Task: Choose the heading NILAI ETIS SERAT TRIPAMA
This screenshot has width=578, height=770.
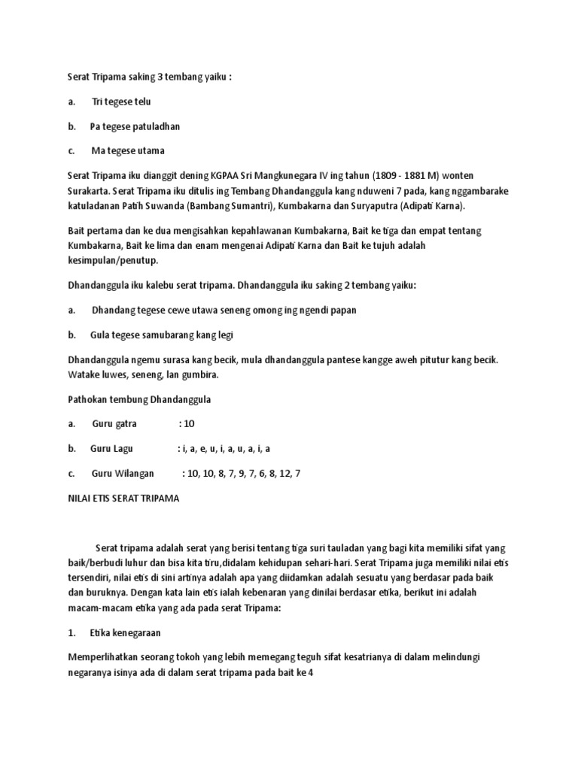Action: pos(123,498)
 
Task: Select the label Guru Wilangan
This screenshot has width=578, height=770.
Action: pos(122,474)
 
